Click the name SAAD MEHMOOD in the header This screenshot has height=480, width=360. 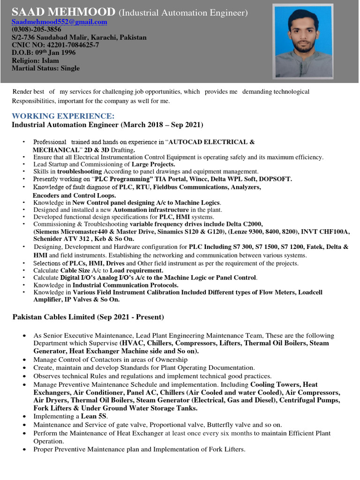point(63,12)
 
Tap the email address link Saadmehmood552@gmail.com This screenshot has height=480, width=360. point(60,22)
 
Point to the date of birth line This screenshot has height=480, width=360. point(43,52)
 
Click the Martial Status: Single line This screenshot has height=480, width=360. point(45,68)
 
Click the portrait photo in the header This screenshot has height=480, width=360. point(304,42)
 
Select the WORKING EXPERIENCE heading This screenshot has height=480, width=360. point(63,116)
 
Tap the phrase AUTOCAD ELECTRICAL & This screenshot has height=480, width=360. point(211,142)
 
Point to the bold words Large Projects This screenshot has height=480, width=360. point(153,164)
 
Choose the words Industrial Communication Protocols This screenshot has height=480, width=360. point(125,285)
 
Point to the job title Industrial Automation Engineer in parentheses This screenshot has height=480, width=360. point(183,13)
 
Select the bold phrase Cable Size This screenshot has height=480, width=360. point(75,270)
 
